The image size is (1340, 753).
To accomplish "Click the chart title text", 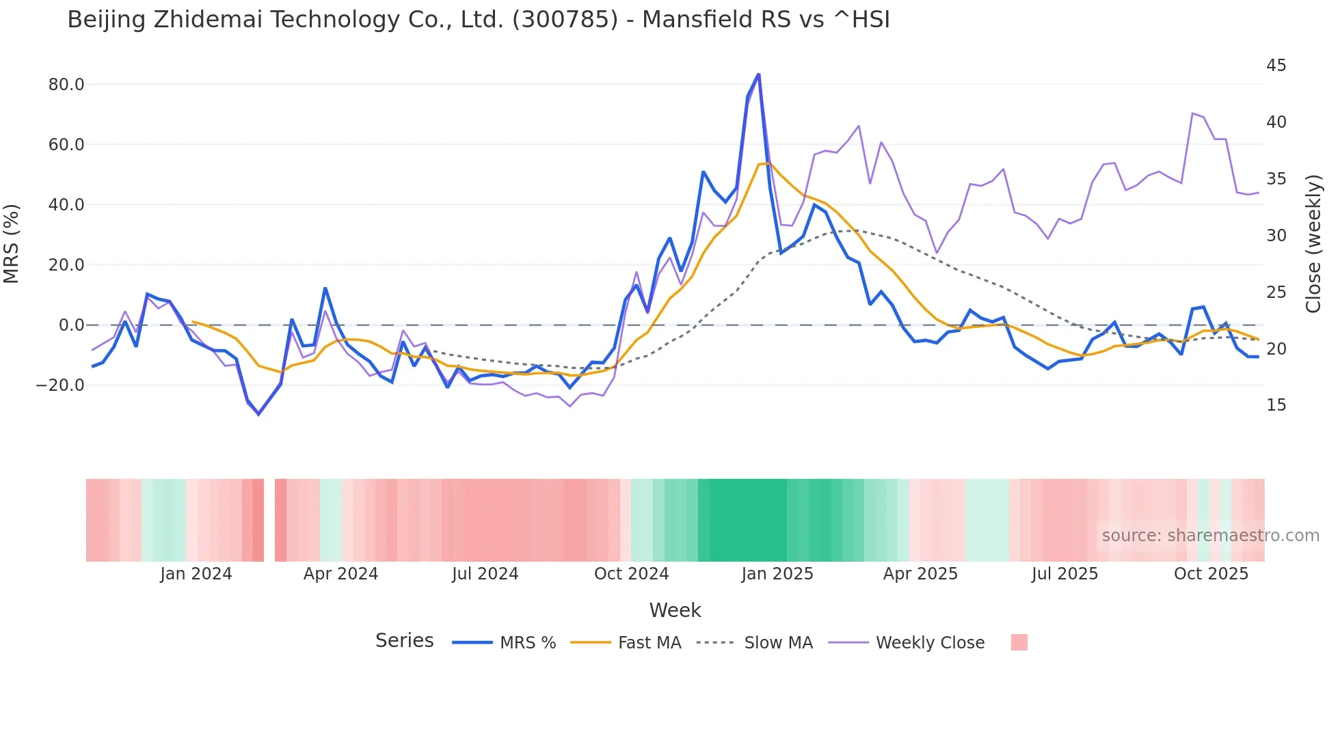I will [x=479, y=20].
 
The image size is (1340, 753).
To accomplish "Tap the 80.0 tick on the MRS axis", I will [x=66, y=85].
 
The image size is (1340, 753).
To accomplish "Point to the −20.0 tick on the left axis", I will [x=60, y=385].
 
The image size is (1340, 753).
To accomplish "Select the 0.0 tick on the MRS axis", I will [x=72, y=325].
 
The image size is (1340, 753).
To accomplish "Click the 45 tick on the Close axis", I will [x=1276, y=66].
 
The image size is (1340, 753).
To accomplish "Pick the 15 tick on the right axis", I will [x=1276, y=405].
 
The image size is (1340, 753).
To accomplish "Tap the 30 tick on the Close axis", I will [x=1276, y=236].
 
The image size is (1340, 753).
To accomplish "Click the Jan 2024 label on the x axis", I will [x=196, y=574].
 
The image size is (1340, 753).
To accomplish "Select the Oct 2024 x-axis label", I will [x=631, y=574].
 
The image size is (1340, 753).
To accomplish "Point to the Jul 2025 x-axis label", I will [x=1064, y=574].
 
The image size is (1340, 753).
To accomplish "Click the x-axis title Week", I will [x=675, y=610].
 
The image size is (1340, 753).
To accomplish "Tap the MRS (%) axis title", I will [x=12, y=243].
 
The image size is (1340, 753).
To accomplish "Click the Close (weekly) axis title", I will [x=1313, y=243].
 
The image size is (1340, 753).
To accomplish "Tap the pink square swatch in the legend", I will [x=1019, y=642].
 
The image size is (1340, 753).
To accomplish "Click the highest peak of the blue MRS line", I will [x=758, y=74].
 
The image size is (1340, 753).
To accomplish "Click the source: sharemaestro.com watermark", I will [x=1210, y=536].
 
